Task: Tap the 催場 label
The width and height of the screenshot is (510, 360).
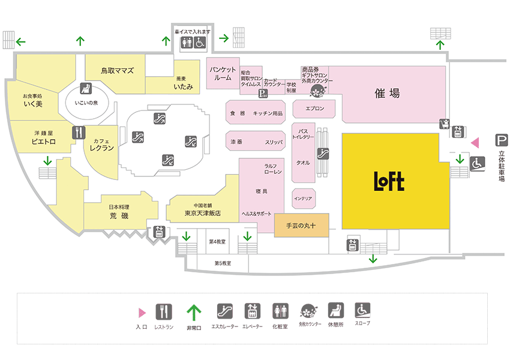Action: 386,94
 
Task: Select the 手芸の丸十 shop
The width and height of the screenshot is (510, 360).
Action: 301,226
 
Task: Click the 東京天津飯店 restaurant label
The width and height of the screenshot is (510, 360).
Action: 203,213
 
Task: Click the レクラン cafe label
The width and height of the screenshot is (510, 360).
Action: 101,146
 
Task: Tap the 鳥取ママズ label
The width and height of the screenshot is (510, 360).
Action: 117,71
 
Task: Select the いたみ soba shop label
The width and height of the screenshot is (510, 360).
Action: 183,88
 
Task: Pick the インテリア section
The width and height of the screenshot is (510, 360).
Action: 302,197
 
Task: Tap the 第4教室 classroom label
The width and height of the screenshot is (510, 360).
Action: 217,242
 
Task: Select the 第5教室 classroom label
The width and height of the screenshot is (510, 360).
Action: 223,263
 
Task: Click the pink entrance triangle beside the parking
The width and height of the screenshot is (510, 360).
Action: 474,143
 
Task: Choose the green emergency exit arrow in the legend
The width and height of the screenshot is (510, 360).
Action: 193,311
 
